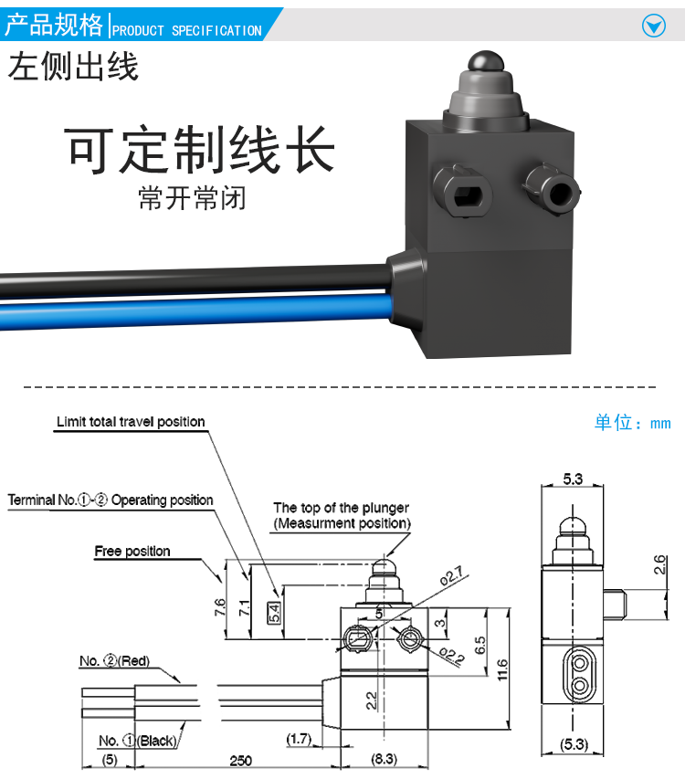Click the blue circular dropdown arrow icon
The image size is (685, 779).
coord(653,26)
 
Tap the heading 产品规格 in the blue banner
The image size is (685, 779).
coord(54,25)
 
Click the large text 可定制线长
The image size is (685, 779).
coord(200,150)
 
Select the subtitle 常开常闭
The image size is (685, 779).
coord(192,198)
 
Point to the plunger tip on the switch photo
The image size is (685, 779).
coord(485,61)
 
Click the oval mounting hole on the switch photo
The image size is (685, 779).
coord(466,195)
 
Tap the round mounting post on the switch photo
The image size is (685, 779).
coord(556,191)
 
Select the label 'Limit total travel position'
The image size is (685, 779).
coord(131,422)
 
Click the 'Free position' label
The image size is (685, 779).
coord(132,551)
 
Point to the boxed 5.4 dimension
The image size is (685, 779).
coord(274,612)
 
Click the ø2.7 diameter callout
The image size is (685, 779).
coord(451,576)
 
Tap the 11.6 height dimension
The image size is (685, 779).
coord(502,669)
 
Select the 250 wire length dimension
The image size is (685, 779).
coord(241,761)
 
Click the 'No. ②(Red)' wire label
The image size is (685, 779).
coord(115,661)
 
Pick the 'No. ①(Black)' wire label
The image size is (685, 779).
coord(138,741)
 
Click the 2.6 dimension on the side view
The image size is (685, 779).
coord(659,565)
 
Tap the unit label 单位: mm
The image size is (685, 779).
coord(632,423)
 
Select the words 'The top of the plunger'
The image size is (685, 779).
coord(342,508)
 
